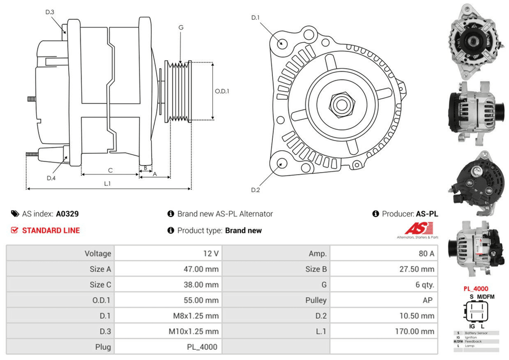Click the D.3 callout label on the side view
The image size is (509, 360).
(49, 12)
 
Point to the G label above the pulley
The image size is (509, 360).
(181, 27)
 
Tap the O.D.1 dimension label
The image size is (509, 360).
(222, 92)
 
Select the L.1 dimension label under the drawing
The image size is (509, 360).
(108, 183)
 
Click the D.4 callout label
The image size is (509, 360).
(51, 178)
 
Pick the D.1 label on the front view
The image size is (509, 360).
(256, 18)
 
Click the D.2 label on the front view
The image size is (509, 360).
(256, 190)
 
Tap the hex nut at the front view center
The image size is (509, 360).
(340, 105)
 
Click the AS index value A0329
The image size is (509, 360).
(67, 214)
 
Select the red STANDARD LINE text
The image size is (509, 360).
(51, 231)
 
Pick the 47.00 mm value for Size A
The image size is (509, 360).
(201, 269)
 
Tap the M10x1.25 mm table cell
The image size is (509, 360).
(194, 331)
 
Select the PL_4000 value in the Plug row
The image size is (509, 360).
(203, 347)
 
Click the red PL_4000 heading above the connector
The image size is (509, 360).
(475, 289)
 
